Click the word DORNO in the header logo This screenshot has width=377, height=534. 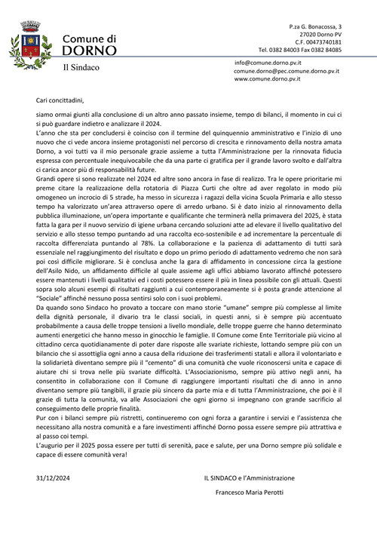coord(89,51)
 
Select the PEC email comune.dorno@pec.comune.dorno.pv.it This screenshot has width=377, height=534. coord(287,71)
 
